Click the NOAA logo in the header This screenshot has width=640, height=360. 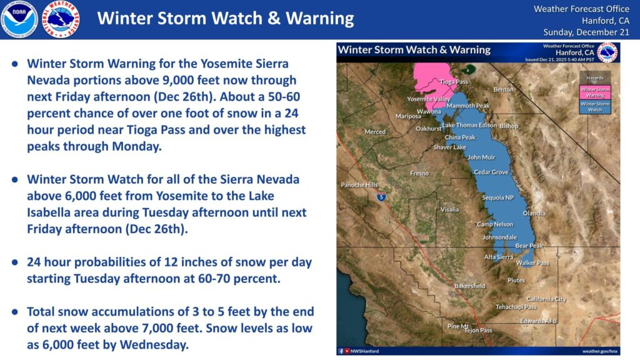[19, 19]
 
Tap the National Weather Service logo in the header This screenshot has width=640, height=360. [61, 19]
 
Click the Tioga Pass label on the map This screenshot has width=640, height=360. [454, 82]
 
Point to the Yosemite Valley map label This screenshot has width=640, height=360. [429, 99]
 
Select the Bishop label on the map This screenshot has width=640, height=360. [509, 126]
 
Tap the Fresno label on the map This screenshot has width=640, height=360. [419, 173]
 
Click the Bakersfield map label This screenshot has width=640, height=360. [469, 286]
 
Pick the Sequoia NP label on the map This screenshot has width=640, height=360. [497, 197]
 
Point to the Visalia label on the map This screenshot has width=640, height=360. [449, 209]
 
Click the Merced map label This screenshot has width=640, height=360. [375, 132]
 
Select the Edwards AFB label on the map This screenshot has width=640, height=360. [538, 321]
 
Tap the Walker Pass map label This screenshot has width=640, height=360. [532, 263]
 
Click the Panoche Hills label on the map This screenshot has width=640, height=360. [359, 185]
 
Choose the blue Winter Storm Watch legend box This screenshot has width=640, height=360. [595, 106]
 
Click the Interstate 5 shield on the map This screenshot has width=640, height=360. [381, 197]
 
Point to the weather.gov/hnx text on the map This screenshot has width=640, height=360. [600, 351]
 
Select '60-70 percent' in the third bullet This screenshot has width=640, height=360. [246, 278]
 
